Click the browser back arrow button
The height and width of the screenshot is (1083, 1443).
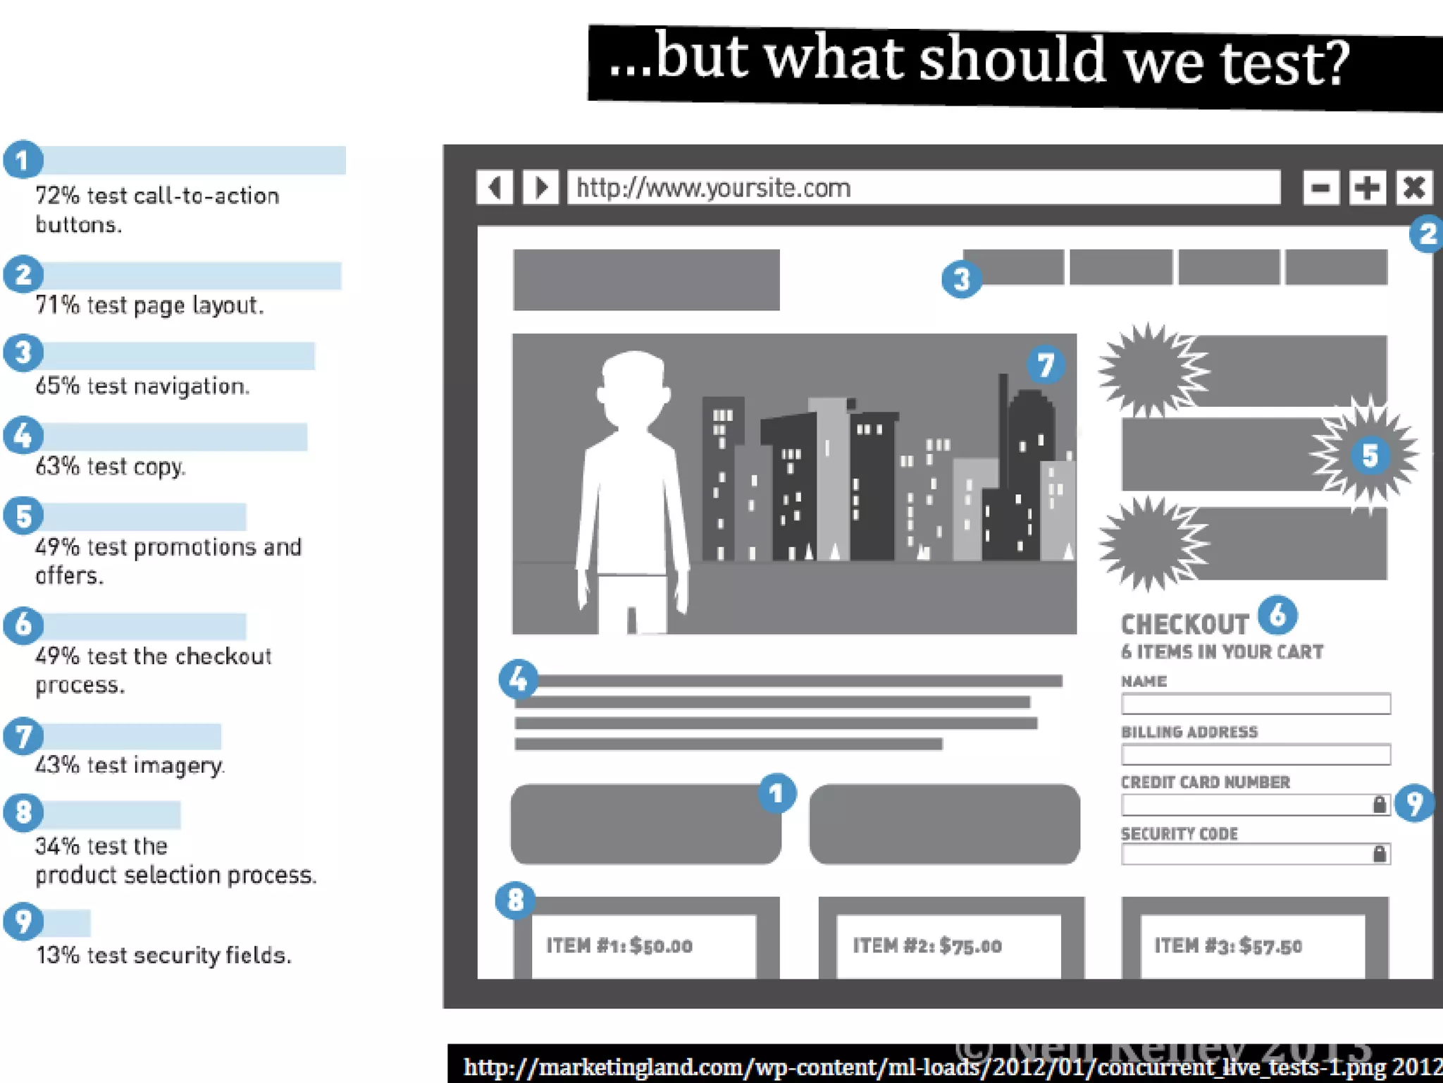pyautogui.click(x=495, y=188)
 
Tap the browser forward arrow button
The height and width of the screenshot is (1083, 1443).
pyautogui.click(x=541, y=188)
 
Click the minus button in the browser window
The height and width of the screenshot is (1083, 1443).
pyautogui.click(x=1320, y=188)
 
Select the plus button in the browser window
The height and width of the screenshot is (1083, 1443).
pyautogui.click(x=1367, y=188)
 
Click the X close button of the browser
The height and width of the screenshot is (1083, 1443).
pyautogui.click(x=1413, y=188)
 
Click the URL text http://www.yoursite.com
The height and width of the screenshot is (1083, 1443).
pyautogui.click(x=713, y=188)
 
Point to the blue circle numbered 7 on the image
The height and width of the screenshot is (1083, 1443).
pyautogui.click(x=1046, y=365)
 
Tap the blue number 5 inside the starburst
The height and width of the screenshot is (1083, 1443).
pyautogui.click(x=1370, y=455)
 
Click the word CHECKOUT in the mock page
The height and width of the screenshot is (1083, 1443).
pyautogui.click(x=1184, y=625)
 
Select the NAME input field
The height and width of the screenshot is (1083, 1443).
pyautogui.click(x=1256, y=704)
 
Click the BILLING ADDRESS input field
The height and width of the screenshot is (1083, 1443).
pyautogui.click(x=1256, y=754)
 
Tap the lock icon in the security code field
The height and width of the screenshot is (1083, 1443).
pyautogui.click(x=1379, y=855)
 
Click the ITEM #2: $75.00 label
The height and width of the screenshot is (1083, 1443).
pyautogui.click(x=927, y=946)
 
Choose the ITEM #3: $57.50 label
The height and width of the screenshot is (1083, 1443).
pyautogui.click(x=1227, y=946)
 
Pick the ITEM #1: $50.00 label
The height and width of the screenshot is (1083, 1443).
pyautogui.click(x=619, y=946)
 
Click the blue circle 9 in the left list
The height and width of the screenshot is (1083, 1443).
pyautogui.click(x=23, y=921)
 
